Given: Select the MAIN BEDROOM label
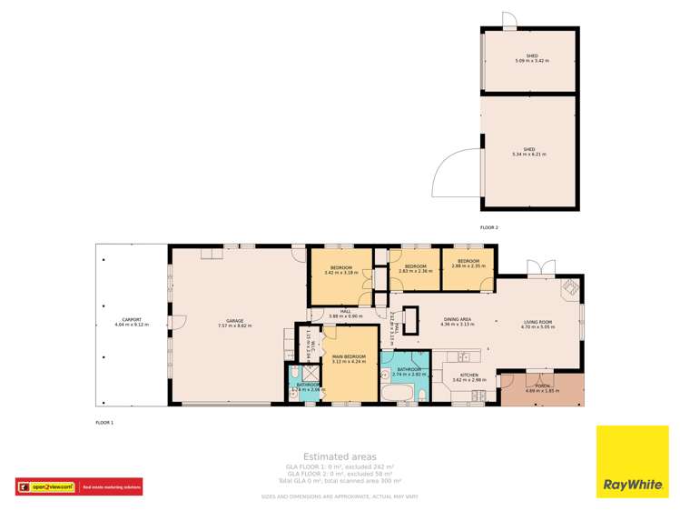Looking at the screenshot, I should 349,358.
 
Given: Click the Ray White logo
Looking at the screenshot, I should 632,462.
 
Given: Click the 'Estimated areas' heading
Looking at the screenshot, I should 340,456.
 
